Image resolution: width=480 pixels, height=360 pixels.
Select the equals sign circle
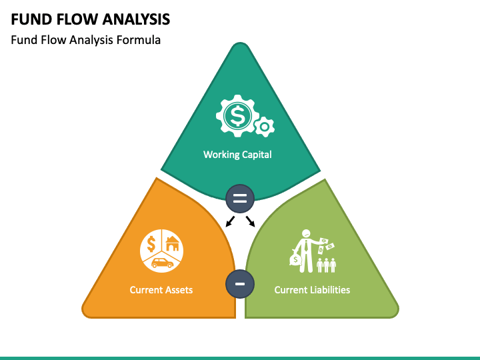tap(240, 199)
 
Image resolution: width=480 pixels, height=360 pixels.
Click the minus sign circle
tap(240, 284)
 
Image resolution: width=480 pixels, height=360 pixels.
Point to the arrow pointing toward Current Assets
tap(230, 221)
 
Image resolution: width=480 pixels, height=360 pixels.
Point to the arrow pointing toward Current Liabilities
tap(250, 221)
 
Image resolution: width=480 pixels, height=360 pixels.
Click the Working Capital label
tap(237, 155)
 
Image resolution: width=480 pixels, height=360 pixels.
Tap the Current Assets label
tap(161, 290)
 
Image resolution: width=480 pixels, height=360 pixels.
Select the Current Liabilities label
tap(312, 290)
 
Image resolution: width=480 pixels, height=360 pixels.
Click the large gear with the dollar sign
tap(237, 116)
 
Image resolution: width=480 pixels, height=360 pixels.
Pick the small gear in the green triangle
tap(265, 127)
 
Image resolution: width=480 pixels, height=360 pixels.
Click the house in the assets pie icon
tap(172, 244)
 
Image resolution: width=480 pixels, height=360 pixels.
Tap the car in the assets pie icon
tap(162, 263)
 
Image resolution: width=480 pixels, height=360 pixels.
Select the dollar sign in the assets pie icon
tap(151, 244)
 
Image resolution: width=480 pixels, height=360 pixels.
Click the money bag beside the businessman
tap(296, 259)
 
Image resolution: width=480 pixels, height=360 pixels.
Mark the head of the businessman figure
tap(306, 234)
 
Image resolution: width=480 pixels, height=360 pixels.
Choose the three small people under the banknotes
tap(326, 265)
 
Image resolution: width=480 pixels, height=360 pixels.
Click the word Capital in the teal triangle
tap(257, 155)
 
